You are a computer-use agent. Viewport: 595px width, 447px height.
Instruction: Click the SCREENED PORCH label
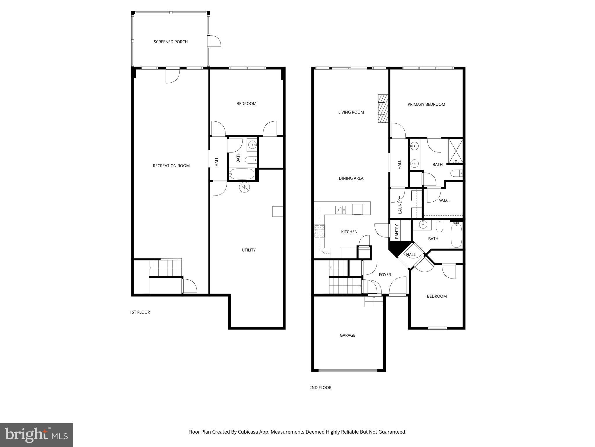click(x=171, y=42)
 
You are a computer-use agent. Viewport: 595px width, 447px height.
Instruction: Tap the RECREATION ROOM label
click(x=171, y=166)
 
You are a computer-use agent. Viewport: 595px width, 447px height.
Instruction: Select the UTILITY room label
click(x=249, y=250)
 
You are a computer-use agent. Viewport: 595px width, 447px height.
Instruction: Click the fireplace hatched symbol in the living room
click(x=383, y=109)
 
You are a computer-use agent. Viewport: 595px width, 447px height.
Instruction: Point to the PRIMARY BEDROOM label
click(x=426, y=104)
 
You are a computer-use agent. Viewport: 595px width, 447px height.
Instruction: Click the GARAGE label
click(x=347, y=335)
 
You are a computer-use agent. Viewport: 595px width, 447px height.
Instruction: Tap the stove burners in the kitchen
click(x=320, y=232)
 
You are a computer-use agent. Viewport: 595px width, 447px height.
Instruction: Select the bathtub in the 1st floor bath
click(x=242, y=174)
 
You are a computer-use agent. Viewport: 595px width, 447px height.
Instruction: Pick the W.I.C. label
click(x=444, y=201)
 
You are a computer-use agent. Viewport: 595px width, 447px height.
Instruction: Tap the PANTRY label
click(x=397, y=231)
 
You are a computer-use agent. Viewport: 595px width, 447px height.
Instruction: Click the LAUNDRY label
click(x=400, y=205)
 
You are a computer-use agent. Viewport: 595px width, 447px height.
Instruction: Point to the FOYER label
click(x=385, y=275)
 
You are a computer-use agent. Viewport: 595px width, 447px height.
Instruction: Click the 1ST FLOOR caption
click(x=140, y=312)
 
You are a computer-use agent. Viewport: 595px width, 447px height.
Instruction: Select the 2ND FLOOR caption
click(x=320, y=388)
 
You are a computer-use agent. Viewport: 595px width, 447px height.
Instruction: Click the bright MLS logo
click(x=36, y=435)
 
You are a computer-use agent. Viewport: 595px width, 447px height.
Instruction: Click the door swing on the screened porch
click(x=215, y=41)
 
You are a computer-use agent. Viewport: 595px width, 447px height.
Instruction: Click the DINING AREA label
click(x=351, y=178)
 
